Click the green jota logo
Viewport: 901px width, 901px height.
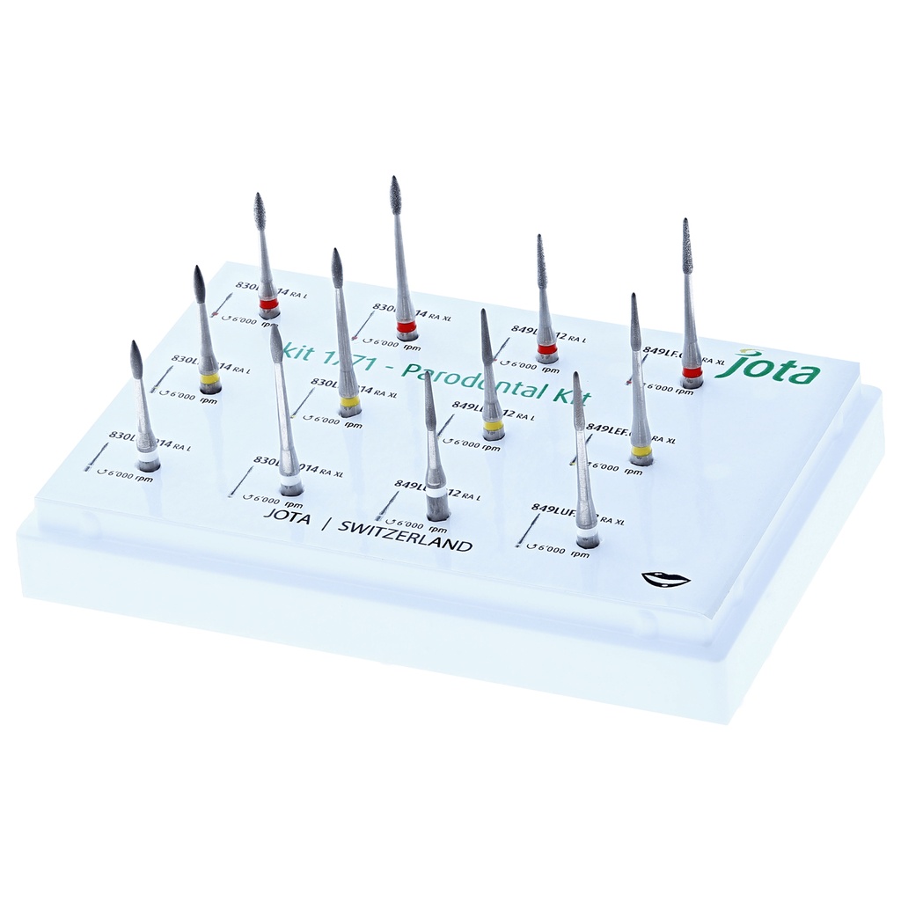pos(767,369)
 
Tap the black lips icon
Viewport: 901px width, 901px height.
pos(665,579)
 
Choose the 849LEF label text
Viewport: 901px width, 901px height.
pos(607,429)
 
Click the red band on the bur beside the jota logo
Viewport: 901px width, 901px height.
pos(692,372)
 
